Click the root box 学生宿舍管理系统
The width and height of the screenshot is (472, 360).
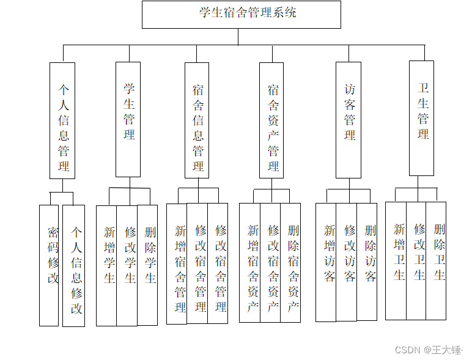pyautogui.click(x=242, y=14)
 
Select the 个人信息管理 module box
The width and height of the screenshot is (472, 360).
pyautogui.click(x=62, y=120)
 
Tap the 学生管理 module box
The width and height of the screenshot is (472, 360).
pyautogui.click(x=128, y=119)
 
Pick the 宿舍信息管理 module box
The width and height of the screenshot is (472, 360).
pyautogui.click(x=197, y=120)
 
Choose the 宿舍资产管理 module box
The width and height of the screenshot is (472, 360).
pyautogui.click(x=271, y=120)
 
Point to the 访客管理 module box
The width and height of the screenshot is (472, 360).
pyautogui.click(x=348, y=120)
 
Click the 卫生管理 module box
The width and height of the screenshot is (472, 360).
pyautogui.click(x=422, y=118)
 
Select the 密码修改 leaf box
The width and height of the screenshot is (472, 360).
pyautogui.click(x=49, y=265)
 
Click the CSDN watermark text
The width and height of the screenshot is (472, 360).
pyautogui.click(x=428, y=350)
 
